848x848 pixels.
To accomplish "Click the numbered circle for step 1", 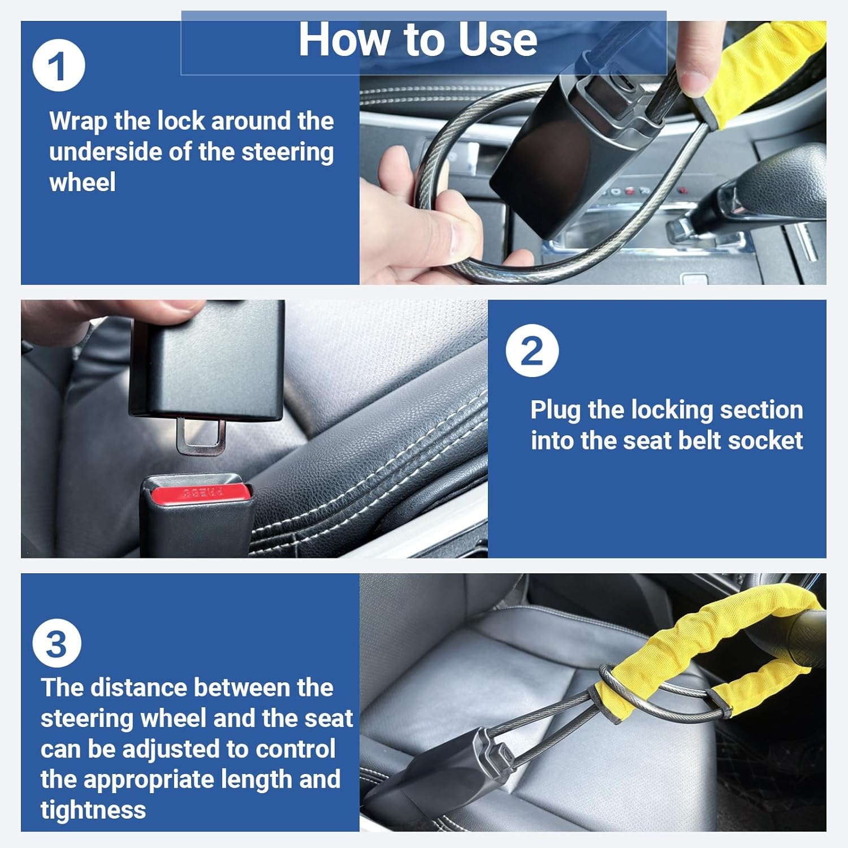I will tap(59, 66).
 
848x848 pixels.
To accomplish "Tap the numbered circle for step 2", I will tap(532, 351).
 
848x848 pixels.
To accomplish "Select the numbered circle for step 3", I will tap(57, 643).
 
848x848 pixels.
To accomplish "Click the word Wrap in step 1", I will tap(77, 122).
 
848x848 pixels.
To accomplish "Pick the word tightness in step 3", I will tap(93, 810).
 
